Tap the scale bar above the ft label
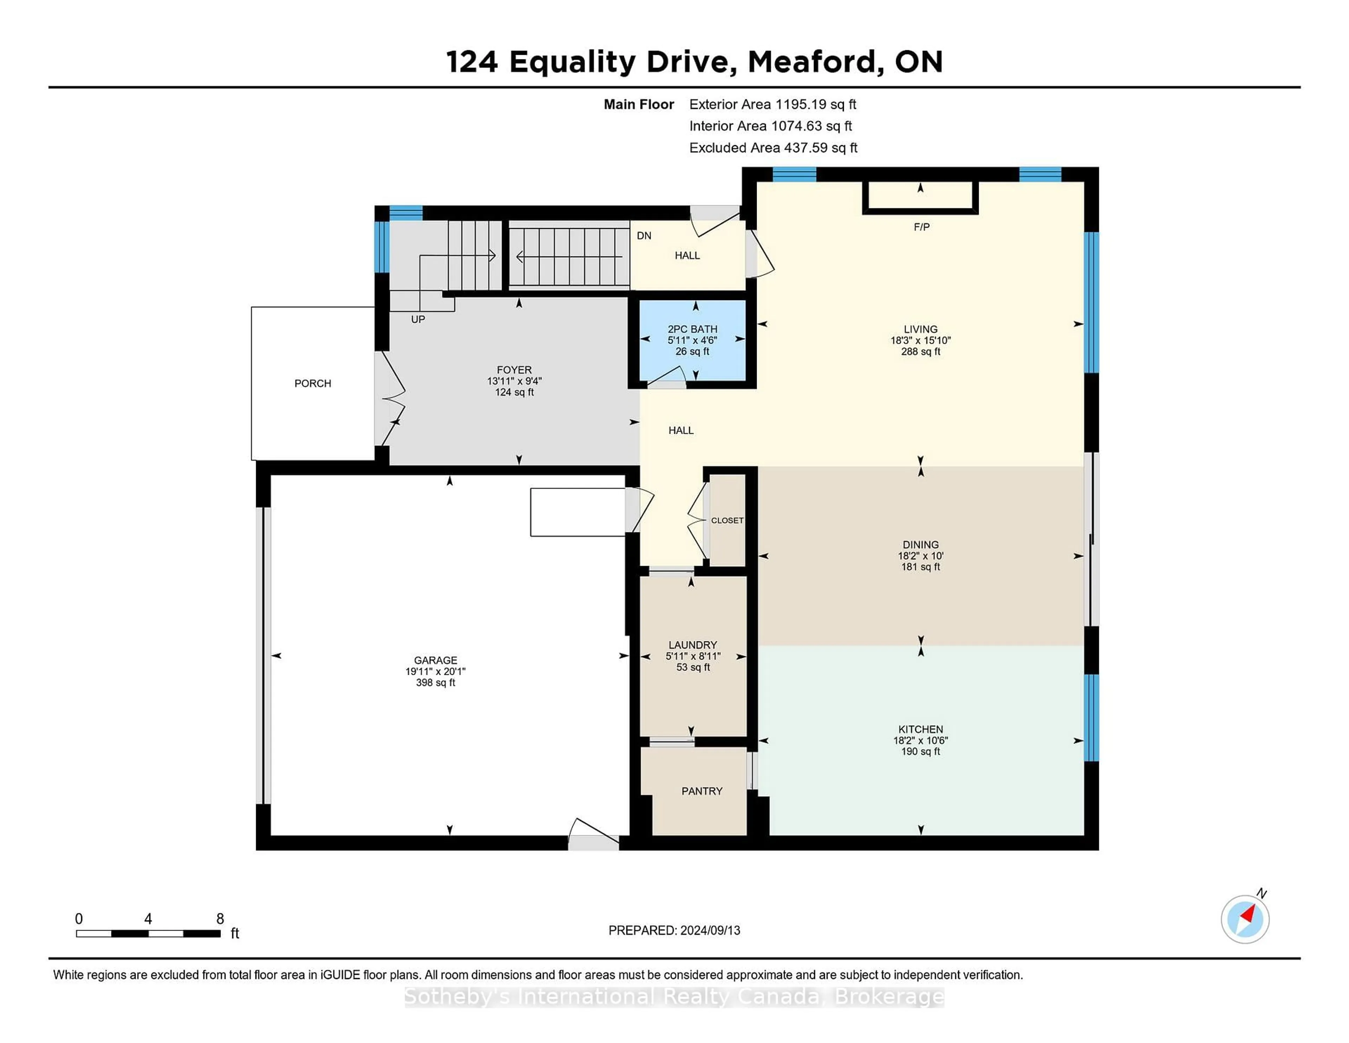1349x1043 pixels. point(148,934)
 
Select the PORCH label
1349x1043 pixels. point(313,384)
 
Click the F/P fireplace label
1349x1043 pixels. point(921,227)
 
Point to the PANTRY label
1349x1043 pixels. point(702,791)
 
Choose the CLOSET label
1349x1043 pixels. point(727,520)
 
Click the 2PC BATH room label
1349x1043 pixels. point(692,329)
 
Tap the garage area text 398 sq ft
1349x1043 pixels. point(436,683)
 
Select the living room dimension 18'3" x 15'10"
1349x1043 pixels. point(920,341)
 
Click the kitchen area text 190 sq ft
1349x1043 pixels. point(920,751)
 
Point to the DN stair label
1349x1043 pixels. point(644,235)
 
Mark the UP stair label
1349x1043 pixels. point(418,319)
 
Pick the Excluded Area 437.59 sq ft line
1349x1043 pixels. point(773,148)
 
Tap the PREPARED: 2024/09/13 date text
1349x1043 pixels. point(674,930)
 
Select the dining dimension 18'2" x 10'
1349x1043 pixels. point(920,556)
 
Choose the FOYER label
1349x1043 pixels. point(514,370)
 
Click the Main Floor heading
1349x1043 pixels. point(639,104)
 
